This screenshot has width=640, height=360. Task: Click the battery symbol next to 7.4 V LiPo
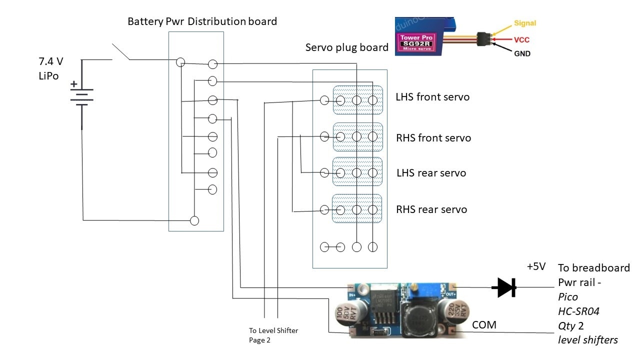(81, 95)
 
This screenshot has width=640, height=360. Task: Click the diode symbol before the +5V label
(503, 287)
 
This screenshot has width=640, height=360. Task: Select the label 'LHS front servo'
(432, 97)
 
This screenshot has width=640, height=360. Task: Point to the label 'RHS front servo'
(433, 138)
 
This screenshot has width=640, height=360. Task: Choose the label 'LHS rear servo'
(431, 173)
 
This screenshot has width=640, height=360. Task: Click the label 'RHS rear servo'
(431, 209)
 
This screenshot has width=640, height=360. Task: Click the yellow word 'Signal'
(524, 23)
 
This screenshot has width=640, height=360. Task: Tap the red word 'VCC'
(521, 39)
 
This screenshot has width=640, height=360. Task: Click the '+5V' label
(536, 266)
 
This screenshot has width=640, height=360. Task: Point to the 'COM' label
(484, 325)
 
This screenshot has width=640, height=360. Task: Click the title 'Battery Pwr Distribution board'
(202, 21)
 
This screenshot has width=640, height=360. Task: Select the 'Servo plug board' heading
(346, 47)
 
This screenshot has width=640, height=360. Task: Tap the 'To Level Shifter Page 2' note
(273, 335)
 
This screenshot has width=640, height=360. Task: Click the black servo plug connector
(483, 38)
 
